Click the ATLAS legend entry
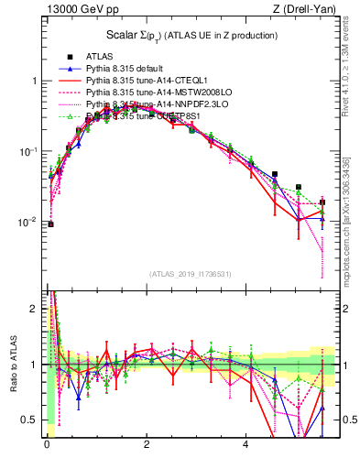[101, 57]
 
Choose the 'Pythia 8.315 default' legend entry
[128, 69]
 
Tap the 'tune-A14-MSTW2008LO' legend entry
[150, 93]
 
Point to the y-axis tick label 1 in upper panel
[36, 81]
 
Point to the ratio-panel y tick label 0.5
[32, 420]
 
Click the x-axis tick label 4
[245, 446]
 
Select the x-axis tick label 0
[46, 446]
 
